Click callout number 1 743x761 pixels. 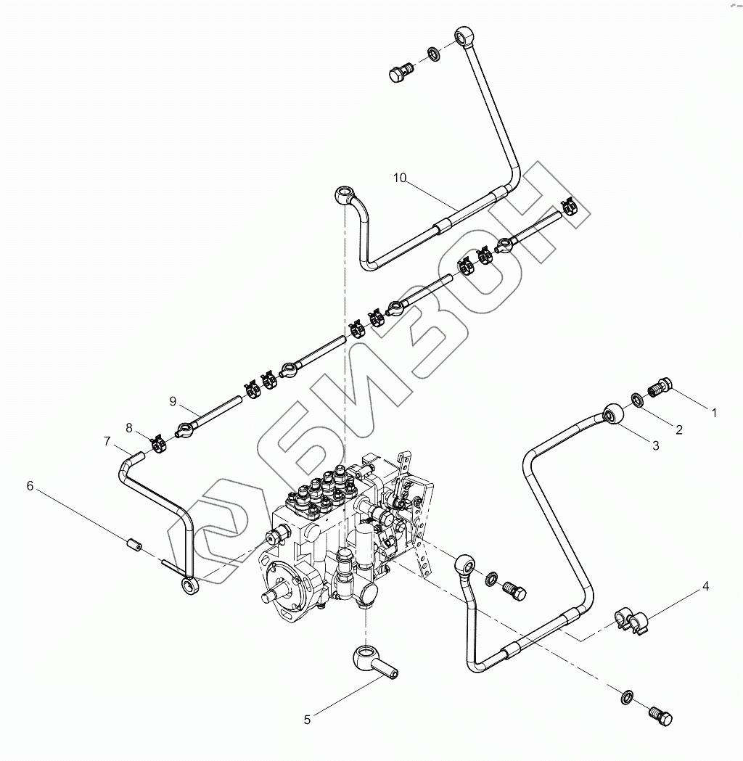(714, 413)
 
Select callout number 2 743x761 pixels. (679, 429)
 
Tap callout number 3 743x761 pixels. (655, 446)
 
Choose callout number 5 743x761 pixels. (307, 720)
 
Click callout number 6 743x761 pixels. (30, 485)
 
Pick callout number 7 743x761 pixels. (107, 441)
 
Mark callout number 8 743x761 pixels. (129, 428)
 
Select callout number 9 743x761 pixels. (173, 401)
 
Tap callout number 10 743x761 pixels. (401, 177)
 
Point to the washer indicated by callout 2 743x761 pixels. (636, 400)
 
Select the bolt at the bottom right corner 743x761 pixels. (660, 716)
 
